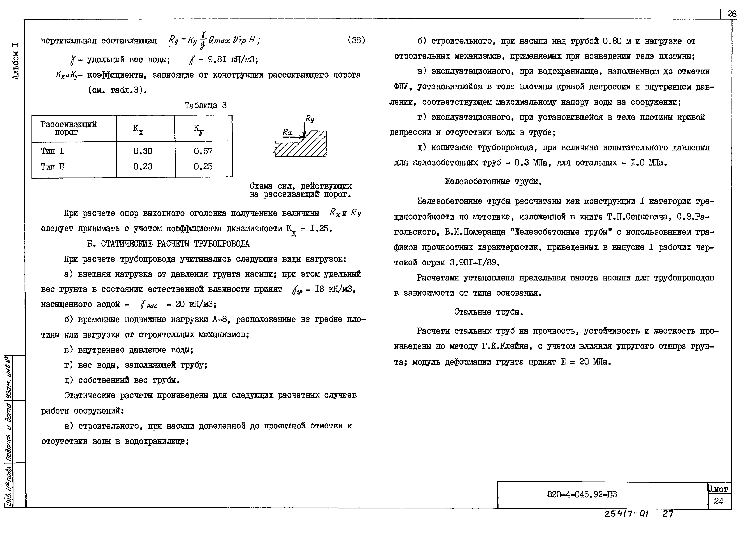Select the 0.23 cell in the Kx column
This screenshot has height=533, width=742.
click(143, 167)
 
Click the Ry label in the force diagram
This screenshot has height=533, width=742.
click(309, 118)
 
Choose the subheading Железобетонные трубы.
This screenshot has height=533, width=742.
click(493, 181)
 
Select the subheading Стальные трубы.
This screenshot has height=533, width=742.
click(488, 312)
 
